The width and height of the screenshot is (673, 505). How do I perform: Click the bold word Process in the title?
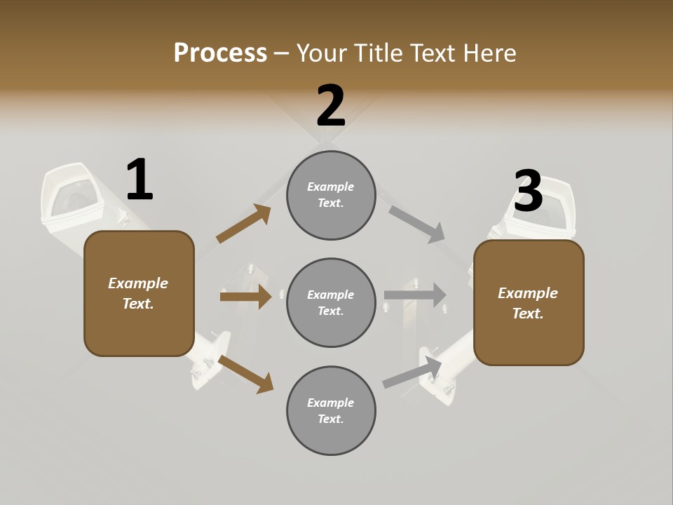[220, 53]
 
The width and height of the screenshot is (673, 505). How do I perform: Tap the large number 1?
[140, 180]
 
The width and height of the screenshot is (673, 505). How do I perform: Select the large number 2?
[331, 106]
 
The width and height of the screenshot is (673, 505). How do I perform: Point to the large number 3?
[529, 191]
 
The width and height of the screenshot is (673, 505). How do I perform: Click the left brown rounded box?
[139, 293]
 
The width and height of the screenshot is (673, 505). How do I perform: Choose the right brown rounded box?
[529, 302]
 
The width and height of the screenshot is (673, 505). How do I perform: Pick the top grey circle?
[331, 195]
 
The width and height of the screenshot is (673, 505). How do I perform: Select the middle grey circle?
[331, 302]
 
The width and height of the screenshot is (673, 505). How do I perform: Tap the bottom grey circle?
[331, 410]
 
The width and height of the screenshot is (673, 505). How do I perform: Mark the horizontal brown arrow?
[245, 297]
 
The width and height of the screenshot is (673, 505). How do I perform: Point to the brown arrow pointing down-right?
[245, 374]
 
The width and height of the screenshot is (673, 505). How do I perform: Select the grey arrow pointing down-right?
[417, 224]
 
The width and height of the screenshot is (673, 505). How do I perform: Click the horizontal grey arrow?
[415, 295]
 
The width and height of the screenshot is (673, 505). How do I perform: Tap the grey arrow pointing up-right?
[413, 372]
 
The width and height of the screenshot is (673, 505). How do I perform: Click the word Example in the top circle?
[331, 187]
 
